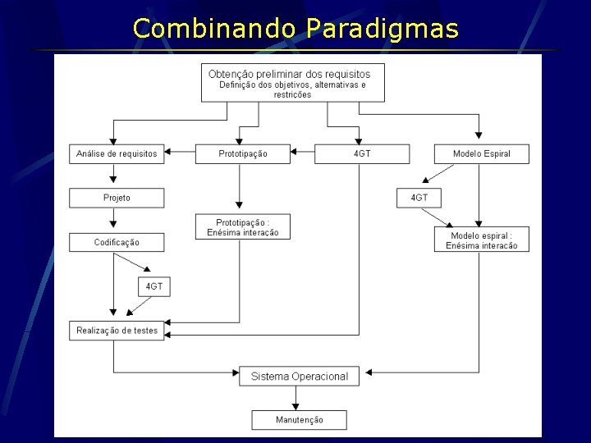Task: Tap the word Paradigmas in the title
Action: tap(383, 29)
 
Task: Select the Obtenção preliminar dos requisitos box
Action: tap(292, 82)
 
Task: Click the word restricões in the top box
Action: tap(292, 94)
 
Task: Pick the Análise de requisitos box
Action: tap(117, 153)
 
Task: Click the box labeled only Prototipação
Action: tap(242, 153)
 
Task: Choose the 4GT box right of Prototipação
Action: tap(362, 153)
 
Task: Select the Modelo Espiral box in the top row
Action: tap(481, 153)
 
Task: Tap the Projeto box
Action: tap(117, 198)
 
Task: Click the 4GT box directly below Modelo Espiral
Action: tap(419, 198)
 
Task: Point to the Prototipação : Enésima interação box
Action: tap(242, 226)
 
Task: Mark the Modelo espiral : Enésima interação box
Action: tap(481, 240)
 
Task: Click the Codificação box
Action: tap(117, 242)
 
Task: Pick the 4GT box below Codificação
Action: tap(153, 286)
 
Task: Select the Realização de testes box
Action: tap(117, 331)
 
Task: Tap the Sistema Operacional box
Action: tap(299, 377)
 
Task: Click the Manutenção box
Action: tap(299, 420)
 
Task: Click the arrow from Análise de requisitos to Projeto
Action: tap(114, 176)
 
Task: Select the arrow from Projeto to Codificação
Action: tap(114, 220)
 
